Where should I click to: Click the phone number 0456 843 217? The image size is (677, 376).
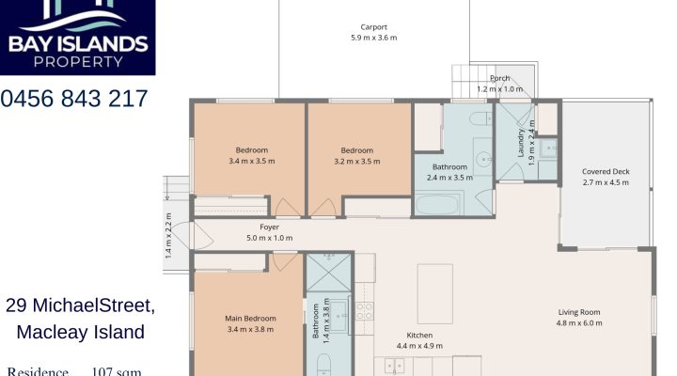(x=74, y=98)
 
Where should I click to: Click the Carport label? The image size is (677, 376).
(x=374, y=27)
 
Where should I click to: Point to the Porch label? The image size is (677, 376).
(x=499, y=78)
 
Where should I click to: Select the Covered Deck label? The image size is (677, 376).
(x=605, y=171)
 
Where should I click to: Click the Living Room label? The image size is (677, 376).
(x=579, y=312)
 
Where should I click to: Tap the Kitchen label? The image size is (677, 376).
(x=418, y=336)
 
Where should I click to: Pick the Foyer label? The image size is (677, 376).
(x=270, y=227)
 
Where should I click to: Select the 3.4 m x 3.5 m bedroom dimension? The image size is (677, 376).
(x=251, y=161)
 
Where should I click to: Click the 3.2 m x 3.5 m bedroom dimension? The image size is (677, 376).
(x=356, y=161)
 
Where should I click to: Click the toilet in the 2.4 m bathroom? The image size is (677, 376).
(x=479, y=119)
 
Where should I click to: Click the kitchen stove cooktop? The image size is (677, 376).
(x=364, y=309)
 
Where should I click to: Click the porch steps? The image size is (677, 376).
(x=464, y=77)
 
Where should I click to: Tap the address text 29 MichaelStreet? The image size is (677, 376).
(x=80, y=306)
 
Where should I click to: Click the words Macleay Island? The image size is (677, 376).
(x=80, y=332)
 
